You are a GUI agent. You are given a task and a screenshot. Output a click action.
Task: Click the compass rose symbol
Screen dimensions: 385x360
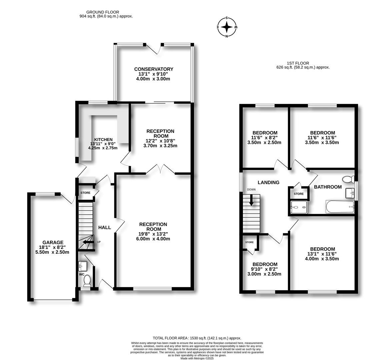pos(227,27)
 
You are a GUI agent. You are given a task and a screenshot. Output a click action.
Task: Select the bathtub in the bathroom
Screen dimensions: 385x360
pos(340,207)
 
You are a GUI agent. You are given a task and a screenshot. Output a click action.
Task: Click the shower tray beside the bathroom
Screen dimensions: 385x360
pos(299,208)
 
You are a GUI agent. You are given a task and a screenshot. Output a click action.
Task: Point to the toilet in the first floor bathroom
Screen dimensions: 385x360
pos(348,179)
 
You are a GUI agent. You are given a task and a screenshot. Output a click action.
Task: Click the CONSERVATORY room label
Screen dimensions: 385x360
pos(154,69)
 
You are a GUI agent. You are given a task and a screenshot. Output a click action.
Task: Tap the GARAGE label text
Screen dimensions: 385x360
pos(53,242)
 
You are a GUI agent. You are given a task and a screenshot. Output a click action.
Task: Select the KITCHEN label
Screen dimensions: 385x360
pos(103,139)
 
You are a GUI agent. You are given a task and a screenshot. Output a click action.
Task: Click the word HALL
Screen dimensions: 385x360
pos(105,228)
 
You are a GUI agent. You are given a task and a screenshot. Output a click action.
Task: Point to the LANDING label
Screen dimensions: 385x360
pos(268,182)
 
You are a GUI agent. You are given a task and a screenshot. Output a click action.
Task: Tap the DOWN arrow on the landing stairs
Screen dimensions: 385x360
pos(251,200)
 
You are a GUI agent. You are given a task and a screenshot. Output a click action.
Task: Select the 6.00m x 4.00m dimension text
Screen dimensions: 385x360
pos(153,239)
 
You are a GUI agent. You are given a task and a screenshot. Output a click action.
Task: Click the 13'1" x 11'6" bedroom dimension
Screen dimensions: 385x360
pos(322,254)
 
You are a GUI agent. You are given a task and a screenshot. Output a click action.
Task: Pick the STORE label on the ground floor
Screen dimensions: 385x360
pos(85,193)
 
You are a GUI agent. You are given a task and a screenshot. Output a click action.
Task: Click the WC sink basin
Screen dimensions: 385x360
pos(83,266)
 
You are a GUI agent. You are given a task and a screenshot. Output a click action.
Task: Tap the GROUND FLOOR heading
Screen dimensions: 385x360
pos(103,12)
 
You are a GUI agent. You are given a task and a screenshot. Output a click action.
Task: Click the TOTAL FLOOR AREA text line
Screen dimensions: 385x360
pos(197,338)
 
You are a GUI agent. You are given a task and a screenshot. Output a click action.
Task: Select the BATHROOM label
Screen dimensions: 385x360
pos(328,187)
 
